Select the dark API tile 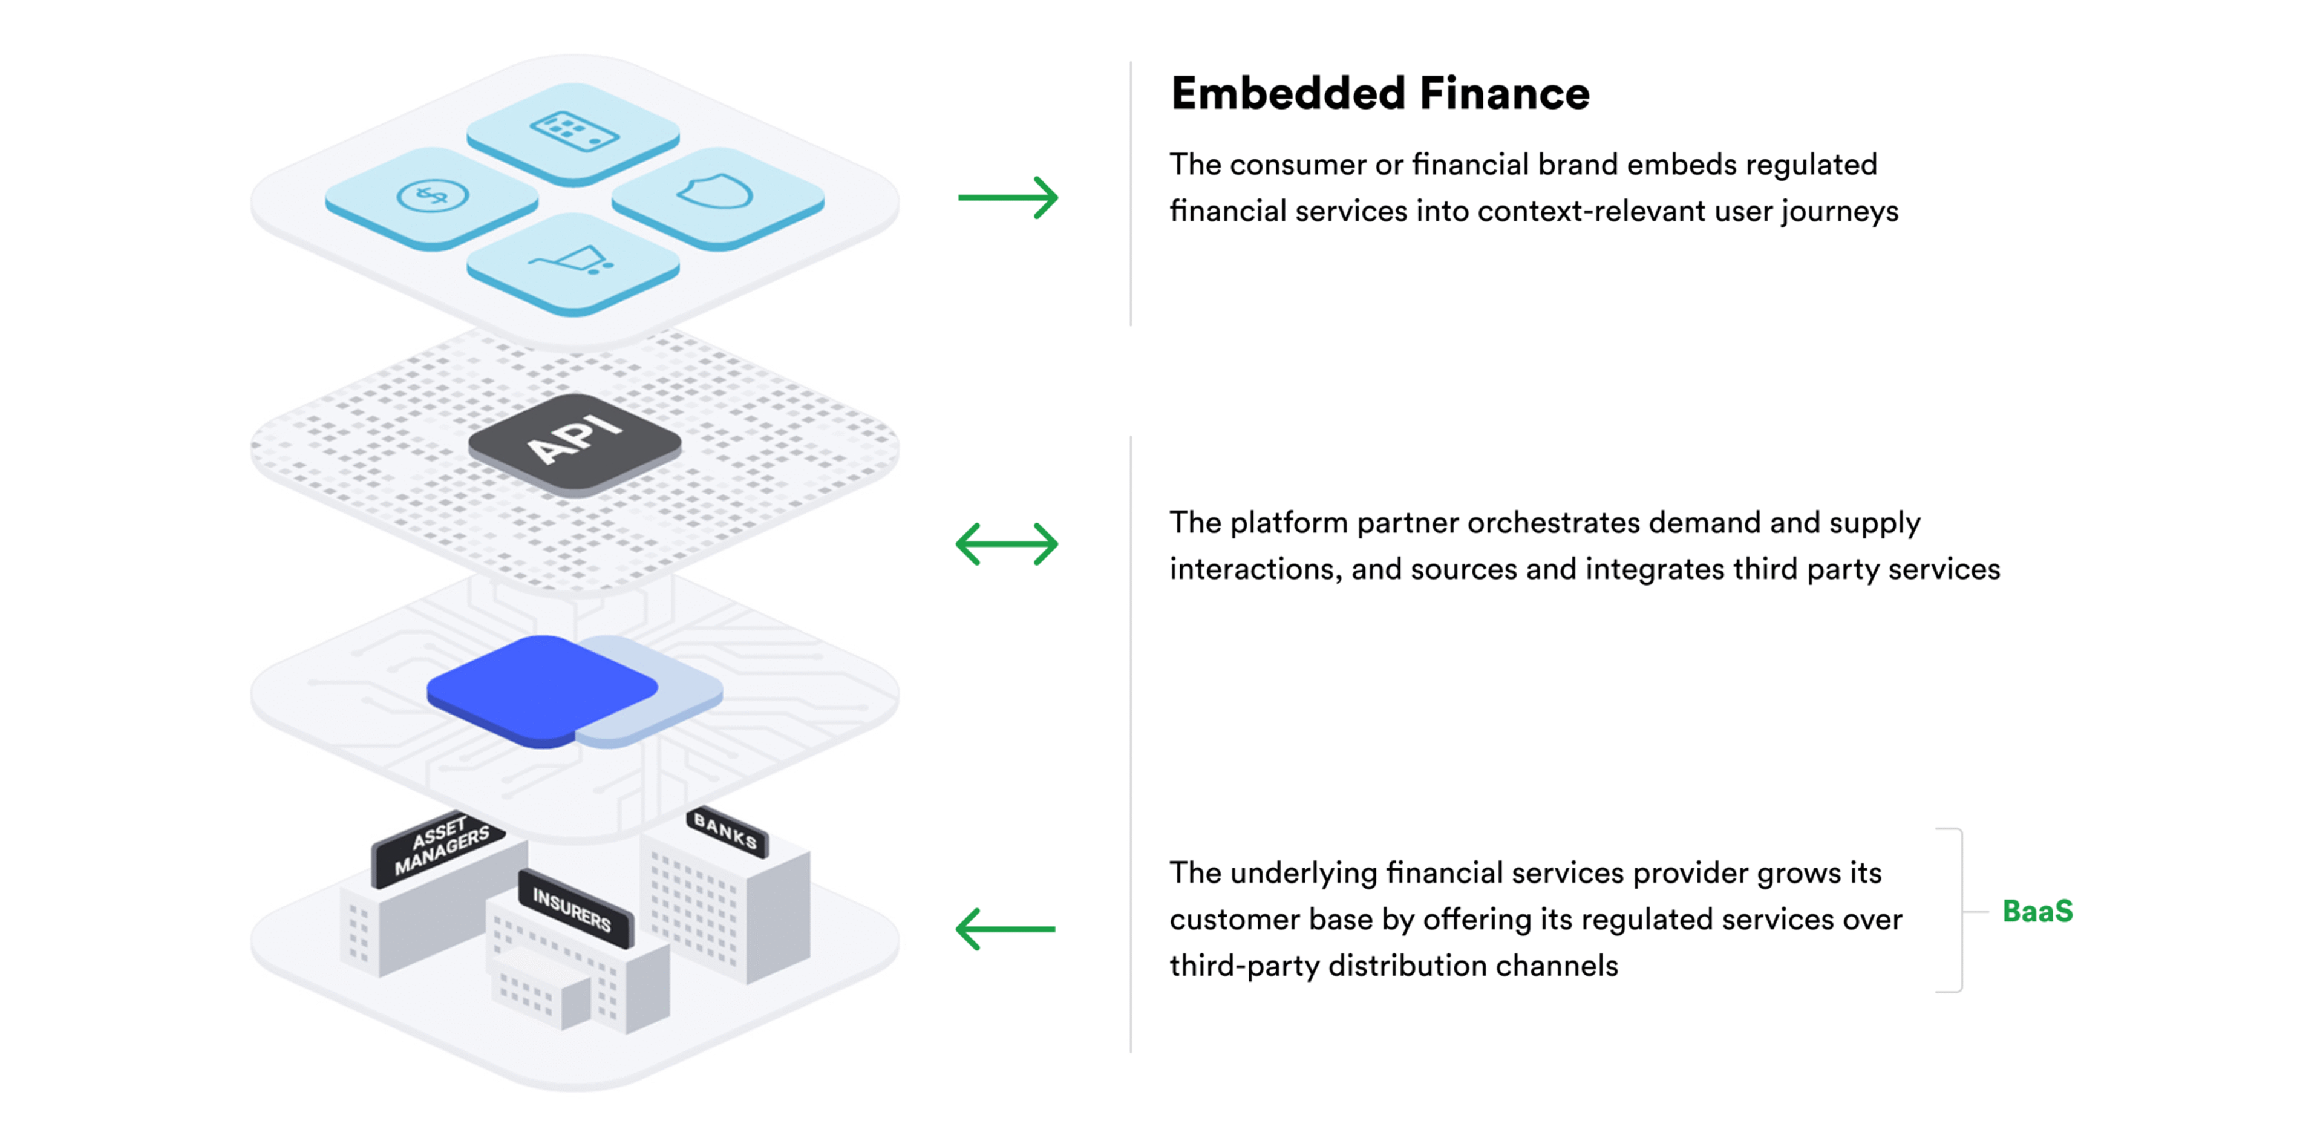575,440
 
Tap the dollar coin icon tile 432,195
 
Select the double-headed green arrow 1007,544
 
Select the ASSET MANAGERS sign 440,846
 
